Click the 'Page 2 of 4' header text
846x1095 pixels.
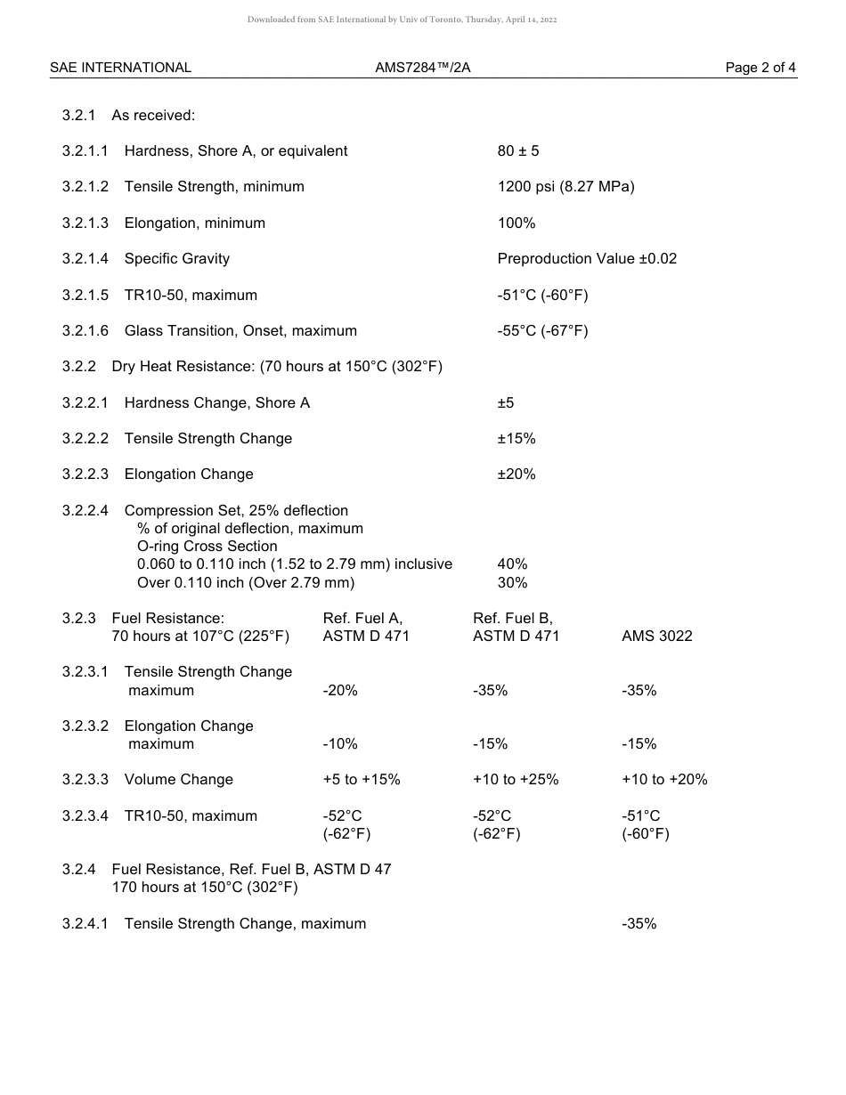point(761,68)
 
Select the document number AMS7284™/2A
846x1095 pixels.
point(423,68)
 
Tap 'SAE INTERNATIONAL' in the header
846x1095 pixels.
point(120,68)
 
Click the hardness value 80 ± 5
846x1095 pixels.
point(518,151)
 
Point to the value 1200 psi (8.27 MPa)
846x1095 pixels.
point(565,187)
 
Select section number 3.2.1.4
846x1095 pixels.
point(85,259)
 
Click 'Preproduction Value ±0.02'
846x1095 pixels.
point(587,259)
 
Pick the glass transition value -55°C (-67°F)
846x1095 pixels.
point(542,331)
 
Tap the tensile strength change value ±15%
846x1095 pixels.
point(517,439)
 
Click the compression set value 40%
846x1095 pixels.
point(512,564)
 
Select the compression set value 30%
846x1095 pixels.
point(512,583)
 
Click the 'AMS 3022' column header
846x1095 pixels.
point(656,637)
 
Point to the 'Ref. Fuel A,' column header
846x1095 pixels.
point(362,619)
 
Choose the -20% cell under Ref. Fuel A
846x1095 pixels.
point(340,691)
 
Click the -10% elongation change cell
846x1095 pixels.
point(340,744)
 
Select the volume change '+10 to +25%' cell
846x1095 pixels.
point(516,780)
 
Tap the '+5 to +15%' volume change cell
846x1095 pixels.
point(362,780)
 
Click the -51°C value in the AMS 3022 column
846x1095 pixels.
point(641,816)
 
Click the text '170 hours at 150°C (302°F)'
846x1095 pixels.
point(205,888)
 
